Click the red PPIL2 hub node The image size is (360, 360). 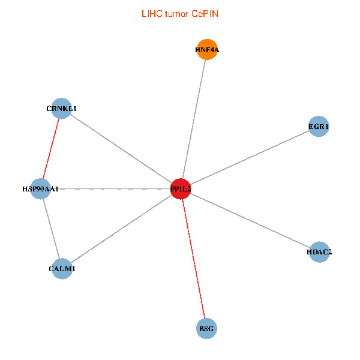pos(181,189)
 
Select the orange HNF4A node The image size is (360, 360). pos(207,50)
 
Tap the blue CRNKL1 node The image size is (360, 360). pos(61,109)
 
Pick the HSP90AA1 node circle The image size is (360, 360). pos(40,189)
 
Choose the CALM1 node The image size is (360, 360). pos(62,269)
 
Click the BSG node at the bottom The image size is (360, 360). pos(206,328)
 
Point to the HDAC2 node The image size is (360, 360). pos(319,252)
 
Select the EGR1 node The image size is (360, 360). pos(319,127)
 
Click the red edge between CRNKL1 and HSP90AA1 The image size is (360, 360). pos(51,149)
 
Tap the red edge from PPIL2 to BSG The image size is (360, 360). pos(193,259)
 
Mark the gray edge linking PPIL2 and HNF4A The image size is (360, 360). pos(194,119)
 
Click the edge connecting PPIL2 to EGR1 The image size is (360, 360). pos(250,158)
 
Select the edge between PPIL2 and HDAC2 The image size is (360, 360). pos(250,220)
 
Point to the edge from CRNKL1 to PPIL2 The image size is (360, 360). pos(121,149)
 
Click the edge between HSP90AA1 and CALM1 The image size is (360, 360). pos(51,229)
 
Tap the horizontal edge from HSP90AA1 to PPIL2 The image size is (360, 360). pos(110,189)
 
